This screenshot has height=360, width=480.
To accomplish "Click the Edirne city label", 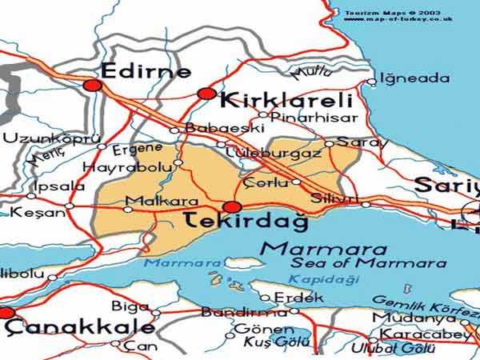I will (x=145, y=70).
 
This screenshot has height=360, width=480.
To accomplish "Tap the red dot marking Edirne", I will (x=92, y=85).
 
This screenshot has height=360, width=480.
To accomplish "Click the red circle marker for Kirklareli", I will (x=207, y=94).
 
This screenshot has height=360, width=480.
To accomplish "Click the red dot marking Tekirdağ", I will (x=229, y=207).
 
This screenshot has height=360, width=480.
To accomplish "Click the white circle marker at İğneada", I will (x=371, y=81).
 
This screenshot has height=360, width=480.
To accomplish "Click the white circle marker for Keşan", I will (x=70, y=206).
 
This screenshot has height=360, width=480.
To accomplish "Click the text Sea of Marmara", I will (x=368, y=263).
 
